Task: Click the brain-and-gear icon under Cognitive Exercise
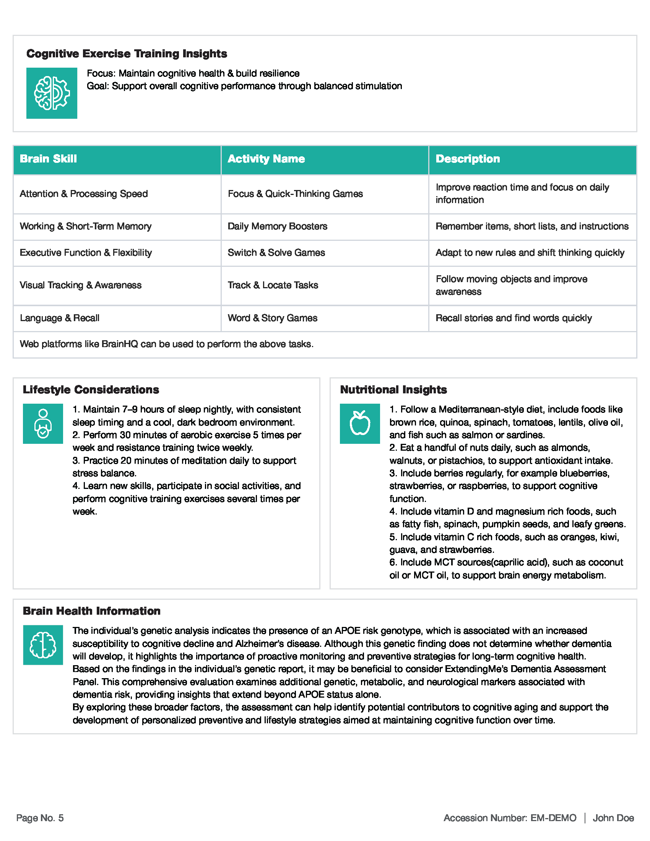tap(52, 93)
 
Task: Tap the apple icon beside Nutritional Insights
tap(360, 424)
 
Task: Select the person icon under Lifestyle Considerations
tap(43, 424)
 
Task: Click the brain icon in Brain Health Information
tap(43, 645)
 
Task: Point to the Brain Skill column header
tap(49, 159)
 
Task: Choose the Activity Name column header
tap(266, 159)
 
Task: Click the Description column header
tap(468, 159)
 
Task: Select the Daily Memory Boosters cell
tap(277, 226)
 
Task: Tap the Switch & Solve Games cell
tap(276, 253)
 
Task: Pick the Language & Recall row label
tap(60, 318)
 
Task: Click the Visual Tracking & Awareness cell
tap(80, 285)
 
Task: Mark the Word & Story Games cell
tap(272, 318)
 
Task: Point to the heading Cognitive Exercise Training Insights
tap(127, 54)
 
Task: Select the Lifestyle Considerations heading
tap(91, 390)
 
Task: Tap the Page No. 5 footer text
tap(40, 818)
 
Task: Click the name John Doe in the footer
tap(613, 818)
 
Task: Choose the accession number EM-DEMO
tap(553, 818)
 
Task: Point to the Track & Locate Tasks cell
tap(273, 285)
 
